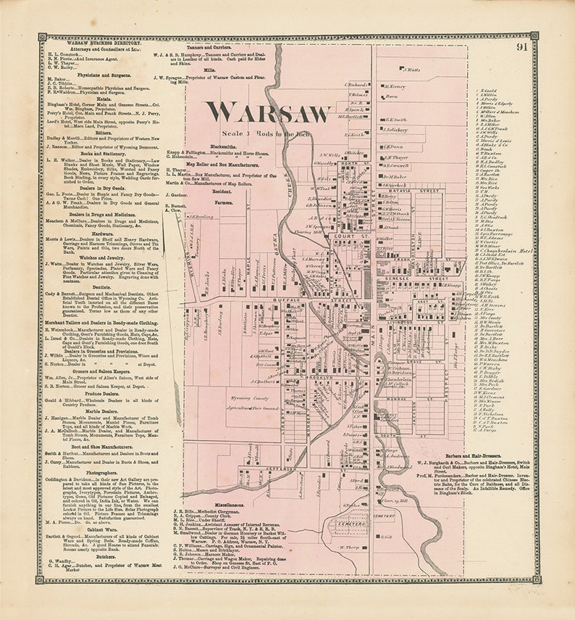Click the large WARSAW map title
(x=268, y=112)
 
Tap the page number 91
(x=521, y=48)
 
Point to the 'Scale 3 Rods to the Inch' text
(x=268, y=134)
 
